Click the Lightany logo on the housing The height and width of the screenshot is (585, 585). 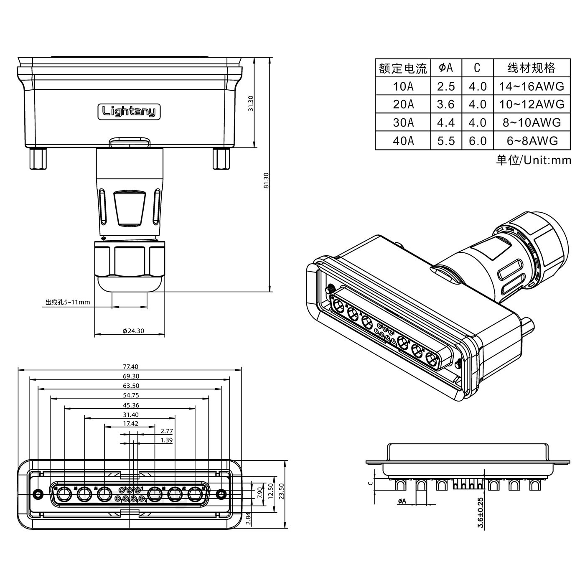[x=129, y=111]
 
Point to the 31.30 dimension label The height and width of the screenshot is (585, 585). [x=251, y=103]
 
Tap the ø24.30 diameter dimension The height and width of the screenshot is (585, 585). [x=133, y=331]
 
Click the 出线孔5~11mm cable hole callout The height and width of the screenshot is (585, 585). [x=68, y=302]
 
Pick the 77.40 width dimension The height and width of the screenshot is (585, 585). [x=130, y=366]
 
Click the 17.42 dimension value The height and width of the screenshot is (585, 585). [x=130, y=423]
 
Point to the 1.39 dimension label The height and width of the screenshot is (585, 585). [x=166, y=440]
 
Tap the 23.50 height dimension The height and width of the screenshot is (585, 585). [x=281, y=494]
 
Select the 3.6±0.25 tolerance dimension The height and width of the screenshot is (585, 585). [x=481, y=513]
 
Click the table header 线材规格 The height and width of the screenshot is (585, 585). [x=531, y=68]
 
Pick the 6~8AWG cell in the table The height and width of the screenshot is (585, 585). [x=532, y=141]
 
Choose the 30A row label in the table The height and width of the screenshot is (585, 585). [x=403, y=122]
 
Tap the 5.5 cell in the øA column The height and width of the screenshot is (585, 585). [x=446, y=141]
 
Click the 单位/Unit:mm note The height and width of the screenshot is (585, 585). [x=533, y=160]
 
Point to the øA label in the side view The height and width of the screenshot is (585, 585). [x=402, y=501]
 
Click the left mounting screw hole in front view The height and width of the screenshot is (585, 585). [x=38, y=494]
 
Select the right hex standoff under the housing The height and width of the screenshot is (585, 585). [x=221, y=159]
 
